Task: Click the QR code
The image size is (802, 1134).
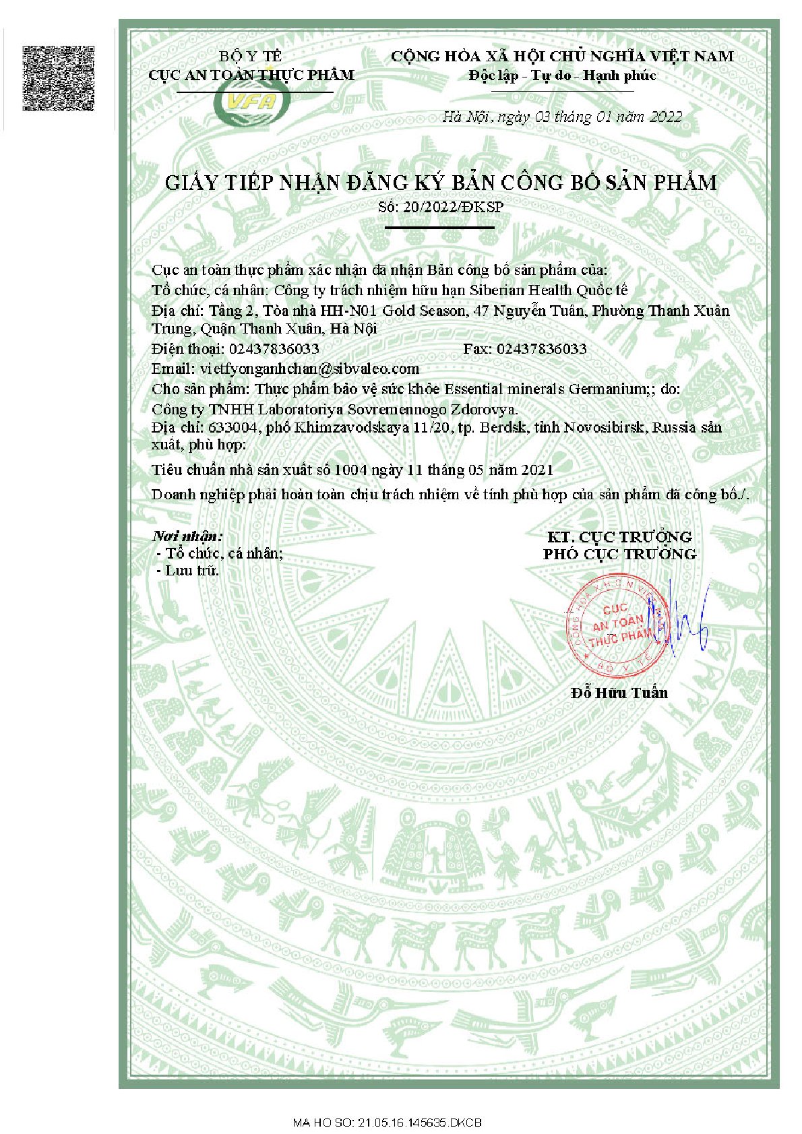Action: click(x=59, y=78)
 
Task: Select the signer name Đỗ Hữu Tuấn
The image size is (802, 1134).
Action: click(x=619, y=693)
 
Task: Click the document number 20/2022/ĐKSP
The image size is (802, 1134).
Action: click(x=453, y=207)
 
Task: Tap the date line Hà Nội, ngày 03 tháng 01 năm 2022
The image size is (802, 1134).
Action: click(x=562, y=117)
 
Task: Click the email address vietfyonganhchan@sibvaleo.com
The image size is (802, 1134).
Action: click(x=309, y=369)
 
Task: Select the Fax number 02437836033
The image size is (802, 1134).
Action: click(x=541, y=348)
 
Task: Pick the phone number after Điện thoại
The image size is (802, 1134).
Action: click(x=274, y=348)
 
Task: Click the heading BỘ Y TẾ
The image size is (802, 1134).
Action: click(x=251, y=56)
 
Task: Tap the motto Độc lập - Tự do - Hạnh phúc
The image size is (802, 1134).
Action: click(x=562, y=75)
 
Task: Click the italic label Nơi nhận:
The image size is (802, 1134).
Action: click(x=187, y=536)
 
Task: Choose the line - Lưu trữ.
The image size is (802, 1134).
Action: click(x=188, y=570)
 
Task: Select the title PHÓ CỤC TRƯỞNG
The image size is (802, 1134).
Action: click(x=619, y=554)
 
